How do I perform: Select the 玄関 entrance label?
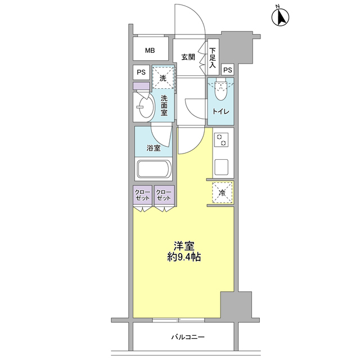pyautogui.click(x=188, y=56)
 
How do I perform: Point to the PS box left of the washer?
pyautogui.click(x=141, y=73)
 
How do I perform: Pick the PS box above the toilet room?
pyautogui.click(x=227, y=69)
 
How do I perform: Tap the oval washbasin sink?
pyautogui.click(x=143, y=106)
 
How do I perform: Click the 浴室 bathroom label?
pyautogui.click(x=154, y=148)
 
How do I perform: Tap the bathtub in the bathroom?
pyautogui.click(x=154, y=169)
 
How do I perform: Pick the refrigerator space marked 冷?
pyautogui.click(x=222, y=193)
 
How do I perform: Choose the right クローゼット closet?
pyautogui.click(x=164, y=196)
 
